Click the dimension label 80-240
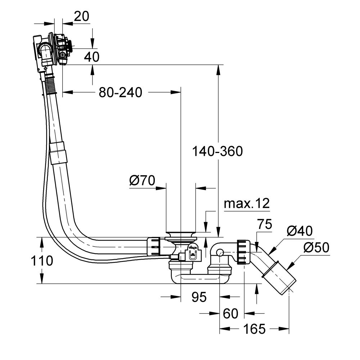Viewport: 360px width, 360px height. (x=121, y=93)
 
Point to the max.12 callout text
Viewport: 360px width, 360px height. (x=247, y=204)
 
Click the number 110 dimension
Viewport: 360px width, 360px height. (x=42, y=260)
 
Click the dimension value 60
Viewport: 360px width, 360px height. (x=230, y=314)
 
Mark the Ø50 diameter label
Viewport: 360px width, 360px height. (x=316, y=248)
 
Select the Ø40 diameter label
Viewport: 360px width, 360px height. (x=300, y=230)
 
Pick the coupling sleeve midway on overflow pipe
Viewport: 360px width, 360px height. (x=58, y=153)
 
